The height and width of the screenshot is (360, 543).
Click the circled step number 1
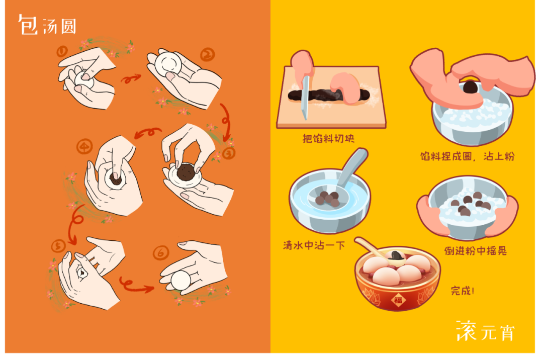point(62,52)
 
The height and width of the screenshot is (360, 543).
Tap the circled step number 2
point(208,55)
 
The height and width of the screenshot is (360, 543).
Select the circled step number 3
point(229,153)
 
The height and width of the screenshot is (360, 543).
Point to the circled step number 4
point(84,147)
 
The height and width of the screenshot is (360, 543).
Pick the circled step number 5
point(58,246)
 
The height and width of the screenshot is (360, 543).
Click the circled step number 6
point(161,253)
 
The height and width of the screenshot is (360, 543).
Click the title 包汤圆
point(47,25)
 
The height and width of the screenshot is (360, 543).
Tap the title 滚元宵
point(486,331)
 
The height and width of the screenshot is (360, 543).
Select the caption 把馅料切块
point(328,138)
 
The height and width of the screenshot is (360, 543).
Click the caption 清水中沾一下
point(314,245)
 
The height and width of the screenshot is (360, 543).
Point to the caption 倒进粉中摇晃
point(476,250)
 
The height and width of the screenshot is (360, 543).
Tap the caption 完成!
point(463,291)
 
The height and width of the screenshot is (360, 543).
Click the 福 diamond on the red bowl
point(398,300)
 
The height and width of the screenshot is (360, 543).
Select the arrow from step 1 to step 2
point(131,79)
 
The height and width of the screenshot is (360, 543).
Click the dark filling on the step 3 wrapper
point(185,172)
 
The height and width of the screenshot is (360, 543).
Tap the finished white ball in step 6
point(180,281)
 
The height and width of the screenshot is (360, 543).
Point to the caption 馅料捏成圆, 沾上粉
point(468,156)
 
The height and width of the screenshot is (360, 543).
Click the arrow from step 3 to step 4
point(148,133)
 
